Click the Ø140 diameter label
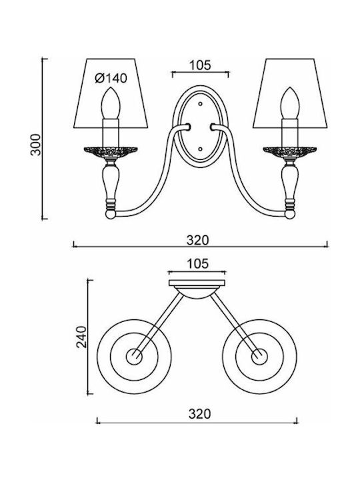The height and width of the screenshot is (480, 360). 111,79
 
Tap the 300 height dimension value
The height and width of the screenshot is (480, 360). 36,145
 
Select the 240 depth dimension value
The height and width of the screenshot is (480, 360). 82,337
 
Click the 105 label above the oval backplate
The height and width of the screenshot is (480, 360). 200,65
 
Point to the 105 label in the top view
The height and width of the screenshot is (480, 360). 197,264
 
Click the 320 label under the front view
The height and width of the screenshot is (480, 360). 198,240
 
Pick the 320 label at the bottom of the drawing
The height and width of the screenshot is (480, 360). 199,414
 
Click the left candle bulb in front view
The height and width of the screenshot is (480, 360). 111,103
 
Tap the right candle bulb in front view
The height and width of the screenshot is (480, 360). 290,103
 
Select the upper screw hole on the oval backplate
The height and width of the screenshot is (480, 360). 200,104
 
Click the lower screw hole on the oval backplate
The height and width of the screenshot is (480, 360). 200,149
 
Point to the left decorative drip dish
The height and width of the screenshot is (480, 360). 111,152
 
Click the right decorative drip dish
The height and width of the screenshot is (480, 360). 290,152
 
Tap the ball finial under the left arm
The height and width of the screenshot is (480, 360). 111,214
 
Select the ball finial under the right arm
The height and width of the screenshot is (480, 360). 290,214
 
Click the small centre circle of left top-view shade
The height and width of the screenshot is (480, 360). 134,357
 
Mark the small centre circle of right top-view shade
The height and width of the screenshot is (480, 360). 259,357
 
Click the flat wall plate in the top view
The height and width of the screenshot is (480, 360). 197,283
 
